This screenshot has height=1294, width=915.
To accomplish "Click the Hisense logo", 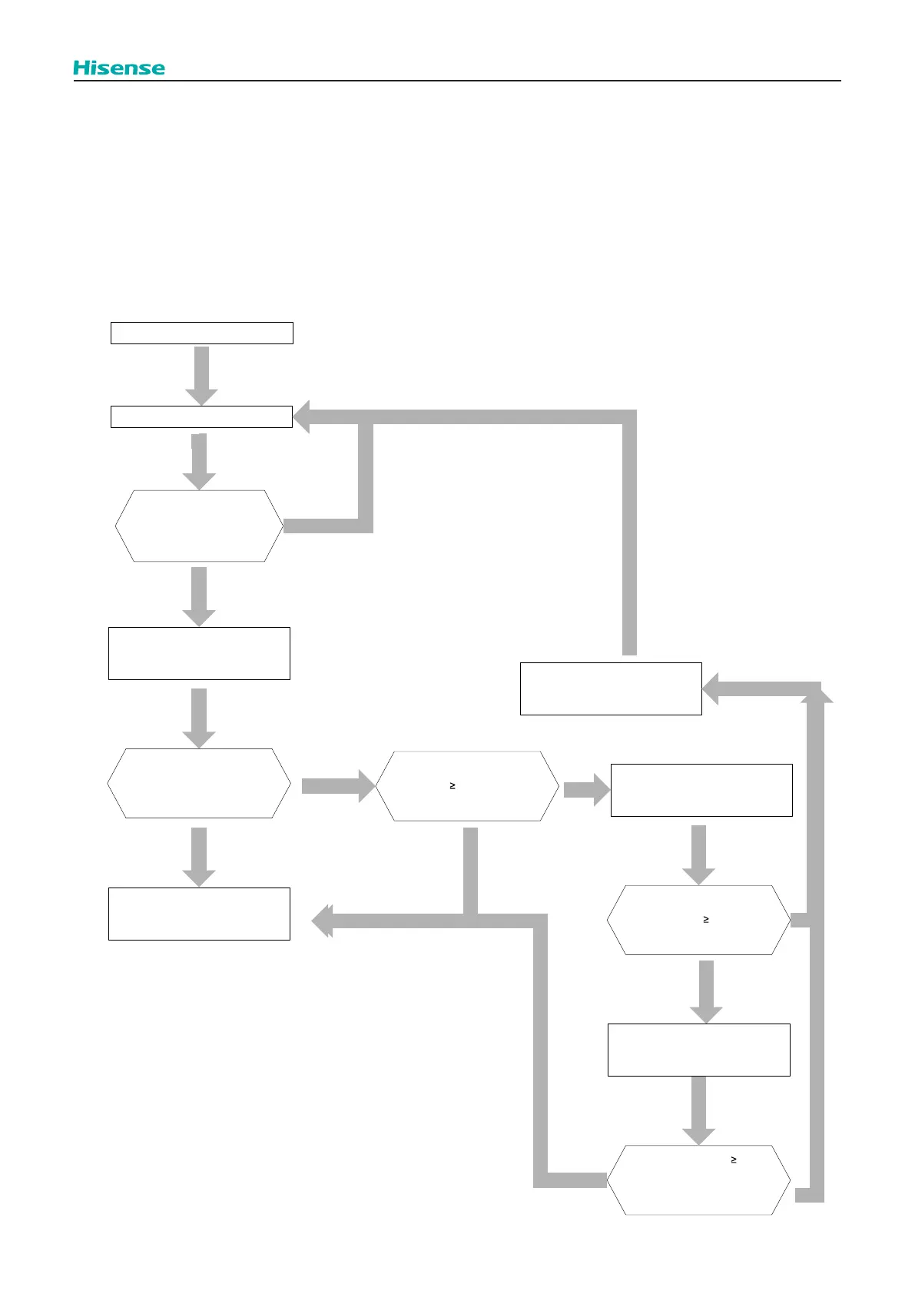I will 119,68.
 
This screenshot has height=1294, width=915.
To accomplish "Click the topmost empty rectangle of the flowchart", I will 201,333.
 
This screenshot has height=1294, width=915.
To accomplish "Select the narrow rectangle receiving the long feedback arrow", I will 201,416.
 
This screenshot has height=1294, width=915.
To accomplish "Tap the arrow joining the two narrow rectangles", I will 201,374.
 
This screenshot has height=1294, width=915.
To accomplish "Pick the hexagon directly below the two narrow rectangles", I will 199,526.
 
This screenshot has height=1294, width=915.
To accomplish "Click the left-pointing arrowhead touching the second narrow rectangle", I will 301,416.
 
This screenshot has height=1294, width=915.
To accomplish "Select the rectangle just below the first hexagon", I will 199,653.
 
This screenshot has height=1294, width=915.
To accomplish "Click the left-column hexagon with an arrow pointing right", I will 199,783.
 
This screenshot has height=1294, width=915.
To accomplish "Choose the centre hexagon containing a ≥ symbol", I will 467,786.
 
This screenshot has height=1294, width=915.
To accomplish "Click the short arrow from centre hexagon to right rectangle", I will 585,789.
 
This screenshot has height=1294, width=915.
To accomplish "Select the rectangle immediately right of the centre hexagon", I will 701,790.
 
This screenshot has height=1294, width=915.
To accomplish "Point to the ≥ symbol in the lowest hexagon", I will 734,1160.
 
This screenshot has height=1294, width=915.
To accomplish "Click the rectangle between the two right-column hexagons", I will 698,1050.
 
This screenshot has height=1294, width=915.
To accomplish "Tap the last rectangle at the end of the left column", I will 199,914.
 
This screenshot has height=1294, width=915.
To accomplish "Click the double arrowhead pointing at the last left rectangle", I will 323,921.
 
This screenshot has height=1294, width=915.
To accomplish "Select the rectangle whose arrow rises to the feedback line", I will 611,688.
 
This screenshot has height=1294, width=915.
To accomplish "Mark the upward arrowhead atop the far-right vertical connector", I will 817,694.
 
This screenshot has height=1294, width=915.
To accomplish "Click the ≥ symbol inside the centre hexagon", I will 453,785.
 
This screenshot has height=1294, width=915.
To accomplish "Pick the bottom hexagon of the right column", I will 698,1180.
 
